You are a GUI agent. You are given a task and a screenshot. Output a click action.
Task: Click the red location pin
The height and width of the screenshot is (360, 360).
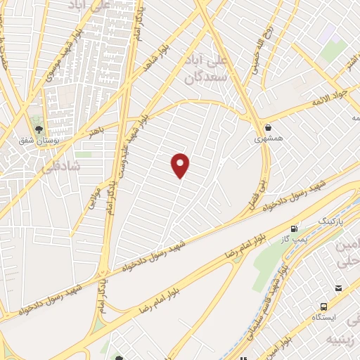tap(181, 165)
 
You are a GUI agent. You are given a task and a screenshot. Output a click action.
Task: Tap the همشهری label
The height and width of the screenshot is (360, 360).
tap(269, 139)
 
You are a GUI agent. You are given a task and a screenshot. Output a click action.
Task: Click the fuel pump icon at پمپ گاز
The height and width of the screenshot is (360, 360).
tap(294, 229)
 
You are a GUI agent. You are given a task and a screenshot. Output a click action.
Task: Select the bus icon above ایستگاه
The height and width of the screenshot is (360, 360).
tap(323, 307)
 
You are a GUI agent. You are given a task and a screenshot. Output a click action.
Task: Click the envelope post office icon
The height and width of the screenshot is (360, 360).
tap(339, 288)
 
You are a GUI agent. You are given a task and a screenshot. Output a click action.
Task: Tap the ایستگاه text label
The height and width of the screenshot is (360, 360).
tap(325, 318)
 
